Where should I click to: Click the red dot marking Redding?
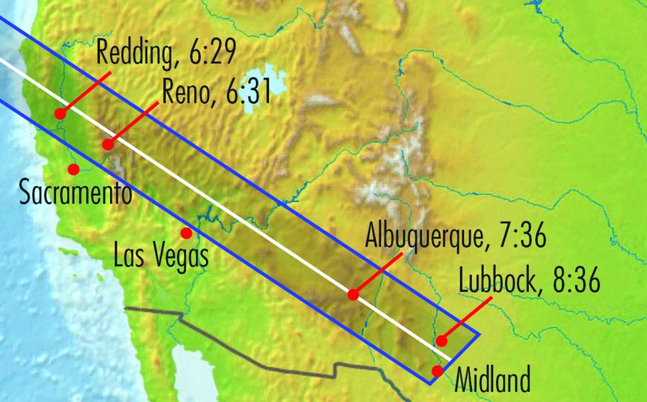(x=60, y=114)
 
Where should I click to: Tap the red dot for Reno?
(x=108, y=145)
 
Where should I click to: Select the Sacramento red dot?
(x=73, y=168)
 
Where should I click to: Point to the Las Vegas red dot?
(x=186, y=233)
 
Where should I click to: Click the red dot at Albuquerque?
(x=353, y=295)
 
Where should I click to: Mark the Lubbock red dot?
(x=442, y=341)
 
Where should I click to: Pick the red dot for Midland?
(x=437, y=370)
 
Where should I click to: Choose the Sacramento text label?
(x=76, y=193)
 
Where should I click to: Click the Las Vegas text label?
(x=161, y=257)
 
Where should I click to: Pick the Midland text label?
(x=492, y=382)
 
